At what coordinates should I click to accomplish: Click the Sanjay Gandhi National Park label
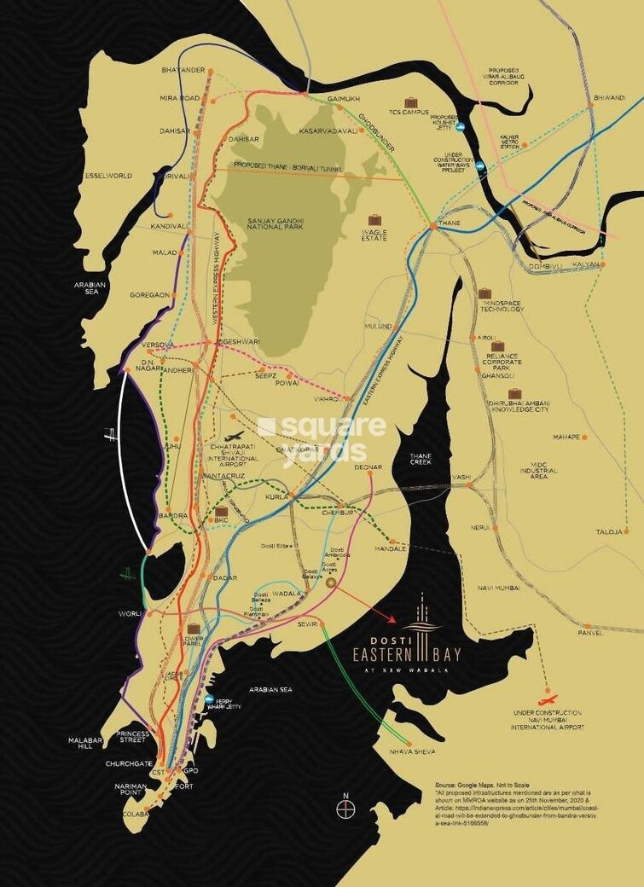275,225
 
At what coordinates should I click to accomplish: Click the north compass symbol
345,809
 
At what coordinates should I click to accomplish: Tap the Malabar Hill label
85,744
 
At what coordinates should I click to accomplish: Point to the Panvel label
589,633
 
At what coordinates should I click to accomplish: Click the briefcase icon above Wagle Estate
374,220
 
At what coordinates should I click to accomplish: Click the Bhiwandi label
609,98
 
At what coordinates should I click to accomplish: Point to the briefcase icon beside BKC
221,512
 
